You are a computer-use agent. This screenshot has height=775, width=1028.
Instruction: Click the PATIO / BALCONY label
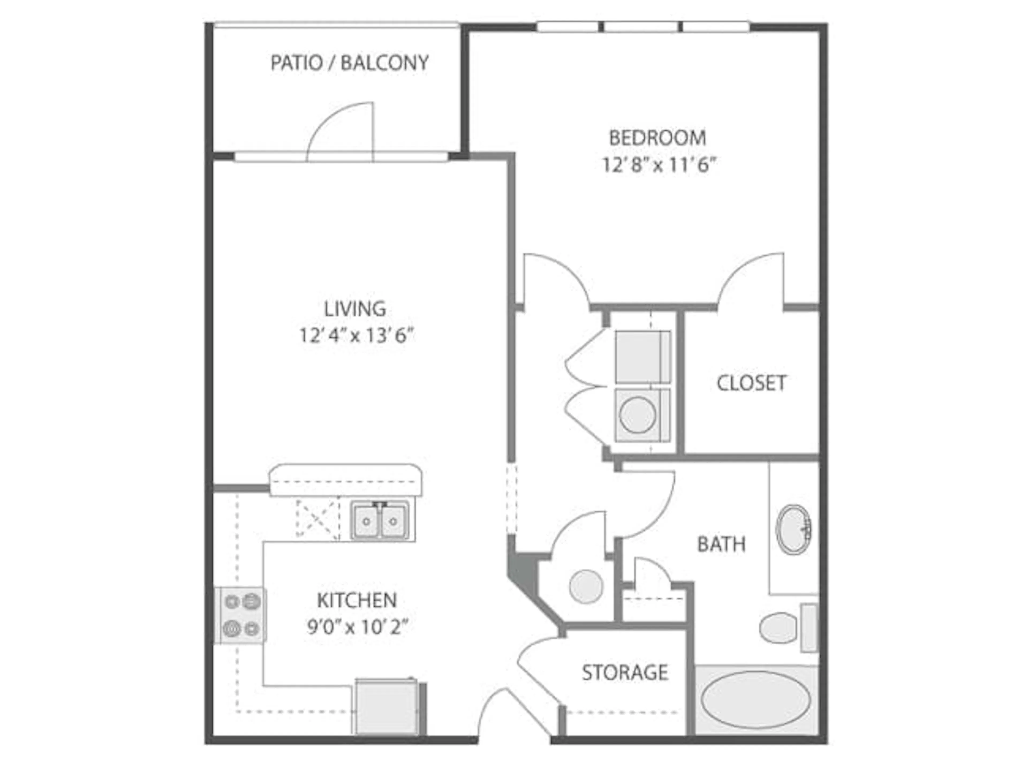(349, 63)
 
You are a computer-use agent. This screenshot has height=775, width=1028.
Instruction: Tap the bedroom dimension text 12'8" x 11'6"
(657, 165)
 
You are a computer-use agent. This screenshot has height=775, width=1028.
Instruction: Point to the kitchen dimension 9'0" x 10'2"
(357, 628)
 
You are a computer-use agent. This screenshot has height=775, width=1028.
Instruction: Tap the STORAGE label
(625, 672)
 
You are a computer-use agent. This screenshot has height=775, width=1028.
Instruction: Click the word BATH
(721, 544)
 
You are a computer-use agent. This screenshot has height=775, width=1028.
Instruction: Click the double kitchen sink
(380, 521)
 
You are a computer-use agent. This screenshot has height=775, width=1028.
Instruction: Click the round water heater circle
(586, 586)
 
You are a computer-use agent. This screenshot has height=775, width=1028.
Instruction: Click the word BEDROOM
(657, 138)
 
